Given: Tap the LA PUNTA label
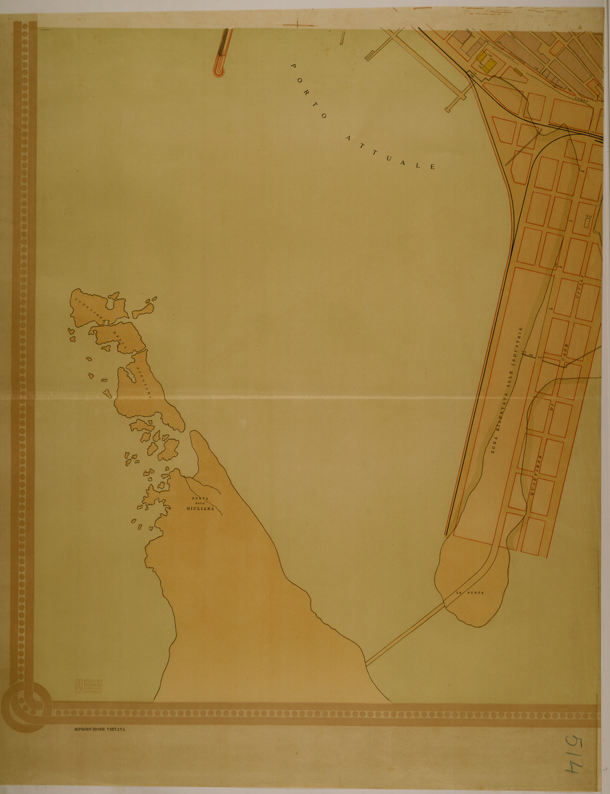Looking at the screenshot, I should (470, 593).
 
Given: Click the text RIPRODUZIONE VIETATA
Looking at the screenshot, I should (100, 730).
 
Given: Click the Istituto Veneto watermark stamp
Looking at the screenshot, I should (89, 686).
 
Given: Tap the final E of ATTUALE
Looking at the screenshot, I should (433, 167).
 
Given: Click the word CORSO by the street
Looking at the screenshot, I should (582, 101).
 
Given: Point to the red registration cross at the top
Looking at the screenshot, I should (299, 24).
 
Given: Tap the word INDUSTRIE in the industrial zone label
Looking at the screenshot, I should (520, 344).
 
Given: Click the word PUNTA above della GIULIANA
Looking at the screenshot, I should (200, 498).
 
